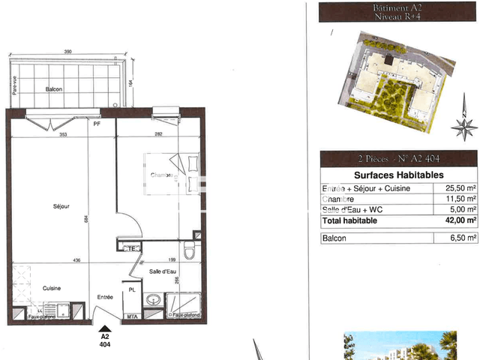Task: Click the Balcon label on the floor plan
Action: tap(53, 89)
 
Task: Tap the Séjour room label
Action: tap(61, 206)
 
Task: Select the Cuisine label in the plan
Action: tap(52, 288)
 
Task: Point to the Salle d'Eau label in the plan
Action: tap(162, 271)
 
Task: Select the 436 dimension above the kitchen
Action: tap(76, 260)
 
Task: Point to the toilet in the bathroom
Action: tap(190, 249)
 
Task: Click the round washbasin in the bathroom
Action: tap(153, 300)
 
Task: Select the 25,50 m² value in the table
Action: tap(461, 189)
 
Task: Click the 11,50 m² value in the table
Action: tap(461, 199)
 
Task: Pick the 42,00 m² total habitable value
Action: tap(460, 220)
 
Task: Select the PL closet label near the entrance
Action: tap(131, 288)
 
